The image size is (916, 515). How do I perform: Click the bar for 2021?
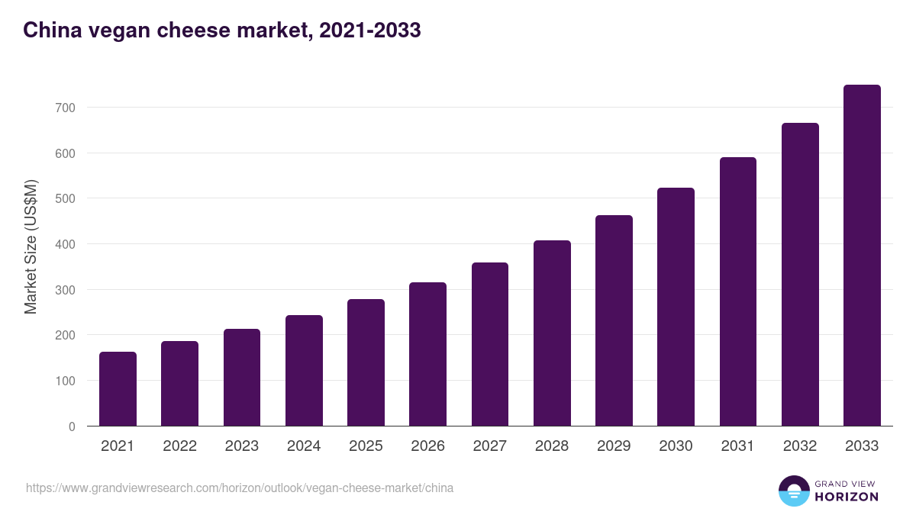[118, 389]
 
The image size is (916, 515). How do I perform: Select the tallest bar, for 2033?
[862, 256]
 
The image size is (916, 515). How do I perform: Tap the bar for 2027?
[490, 344]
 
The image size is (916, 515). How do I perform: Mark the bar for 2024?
[304, 371]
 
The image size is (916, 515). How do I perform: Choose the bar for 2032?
[800, 275]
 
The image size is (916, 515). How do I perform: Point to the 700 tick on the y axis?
[66, 108]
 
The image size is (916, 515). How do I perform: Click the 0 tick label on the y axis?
[72, 426]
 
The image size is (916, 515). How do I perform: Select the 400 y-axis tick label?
[66, 244]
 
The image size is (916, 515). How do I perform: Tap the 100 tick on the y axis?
[66, 381]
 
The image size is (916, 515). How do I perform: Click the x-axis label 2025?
[366, 446]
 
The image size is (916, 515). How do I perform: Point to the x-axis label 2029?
[614, 446]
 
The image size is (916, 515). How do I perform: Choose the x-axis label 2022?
[179, 446]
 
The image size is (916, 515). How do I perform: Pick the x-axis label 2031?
[738, 446]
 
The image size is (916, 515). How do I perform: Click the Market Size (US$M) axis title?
[31, 246]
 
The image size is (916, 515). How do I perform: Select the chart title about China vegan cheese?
[221, 31]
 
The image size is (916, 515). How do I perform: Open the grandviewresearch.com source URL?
[240, 488]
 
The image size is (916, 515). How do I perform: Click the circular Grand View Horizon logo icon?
[794, 491]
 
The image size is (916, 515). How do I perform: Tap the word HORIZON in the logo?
[846, 497]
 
